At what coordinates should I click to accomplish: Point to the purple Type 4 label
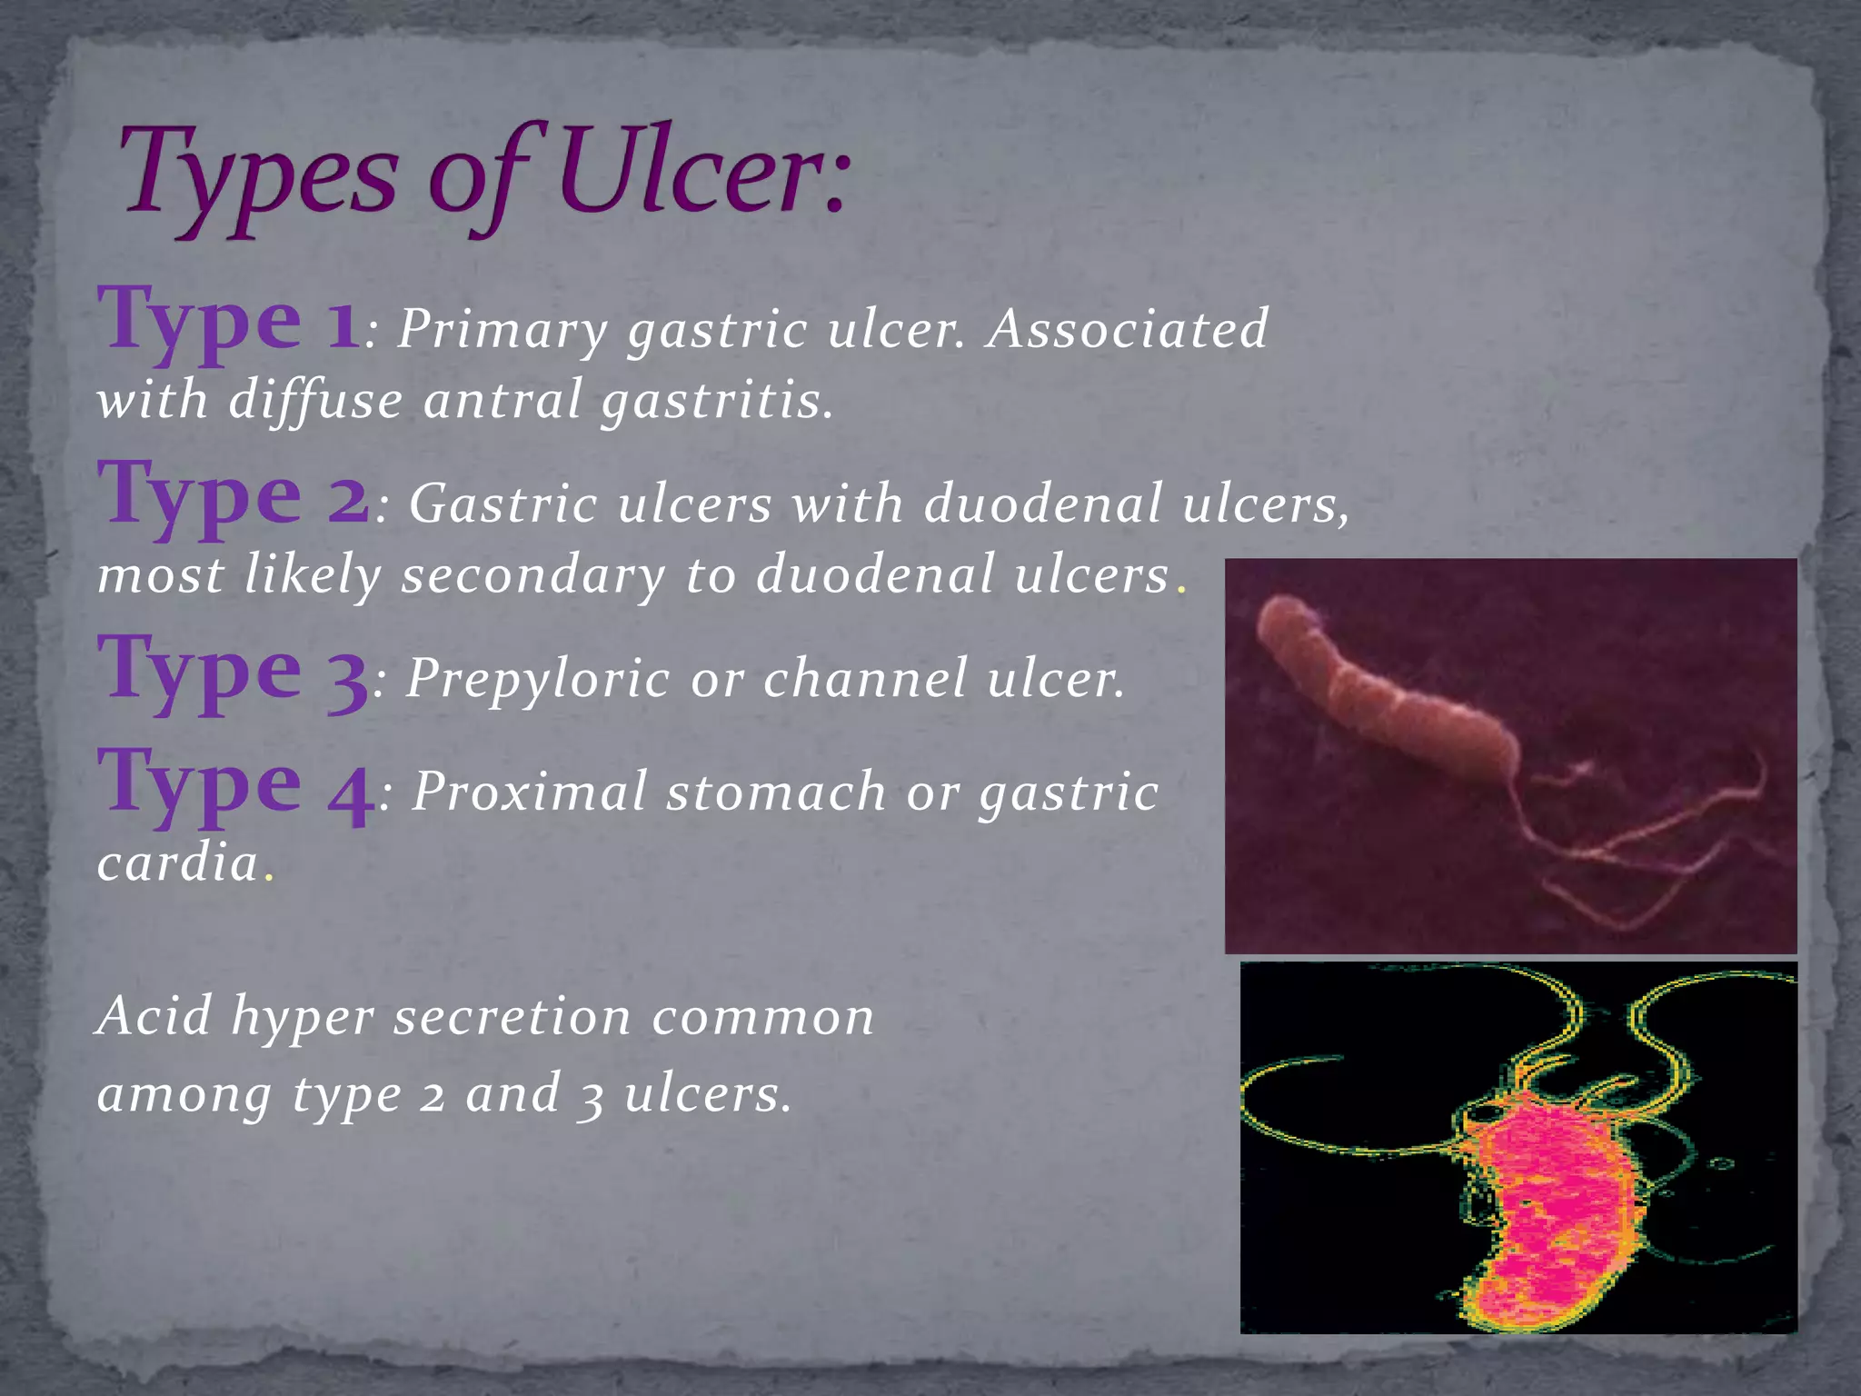click(235, 783)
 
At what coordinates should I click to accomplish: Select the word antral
click(503, 400)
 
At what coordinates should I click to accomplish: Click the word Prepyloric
click(537, 680)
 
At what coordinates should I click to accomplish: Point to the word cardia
click(178, 862)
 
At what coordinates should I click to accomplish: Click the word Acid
click(154, 1014)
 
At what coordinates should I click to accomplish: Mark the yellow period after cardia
click(268, 878)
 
